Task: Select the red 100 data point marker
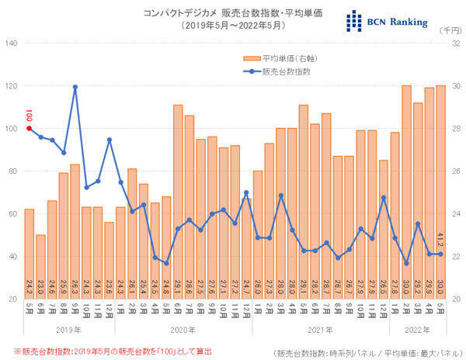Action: click(x=30, y=129)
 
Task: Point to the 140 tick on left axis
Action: click(x=11, y=43)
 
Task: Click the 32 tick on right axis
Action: click(x=454, y=43)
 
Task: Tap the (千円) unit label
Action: click(x=450, y=29)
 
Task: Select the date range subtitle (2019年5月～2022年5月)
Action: click(x=233, y=26)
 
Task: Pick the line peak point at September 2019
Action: click(x=75, y=87)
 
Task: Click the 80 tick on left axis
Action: click(x=12, y=171)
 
